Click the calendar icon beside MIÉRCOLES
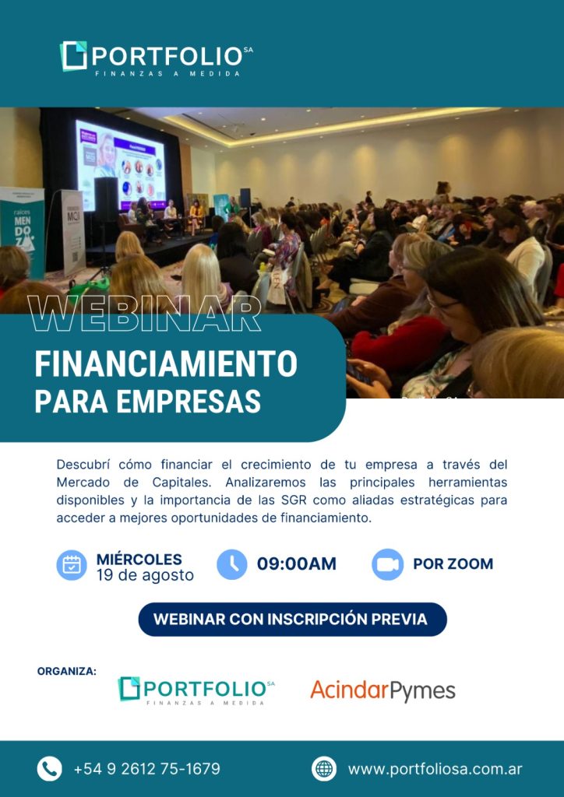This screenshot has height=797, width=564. pos(72,565)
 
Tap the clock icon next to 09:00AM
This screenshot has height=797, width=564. pos(232,565)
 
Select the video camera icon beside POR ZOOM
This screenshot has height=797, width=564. pos(387,565)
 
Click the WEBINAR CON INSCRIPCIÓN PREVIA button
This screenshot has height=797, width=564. pos(292,619)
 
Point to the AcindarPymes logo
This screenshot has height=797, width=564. pos(382,691)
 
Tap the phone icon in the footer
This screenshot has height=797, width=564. pos(49,768)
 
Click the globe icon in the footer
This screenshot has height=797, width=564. pos(324,768)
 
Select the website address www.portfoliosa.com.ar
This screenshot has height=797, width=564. pos(435,769)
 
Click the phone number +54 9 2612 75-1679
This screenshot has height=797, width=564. pos(147,768)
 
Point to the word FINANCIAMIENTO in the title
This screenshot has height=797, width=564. pos(166,364)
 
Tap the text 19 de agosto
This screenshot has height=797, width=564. pos(145,575)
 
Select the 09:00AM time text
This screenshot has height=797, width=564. pos(297,564)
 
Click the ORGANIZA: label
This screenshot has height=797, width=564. pos(67,672)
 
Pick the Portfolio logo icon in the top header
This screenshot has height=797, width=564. pos(74,55)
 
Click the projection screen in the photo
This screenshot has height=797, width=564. pos(121,165)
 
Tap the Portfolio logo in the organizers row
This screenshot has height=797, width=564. pos(196,691)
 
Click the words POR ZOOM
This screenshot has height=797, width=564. pos(453,564)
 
